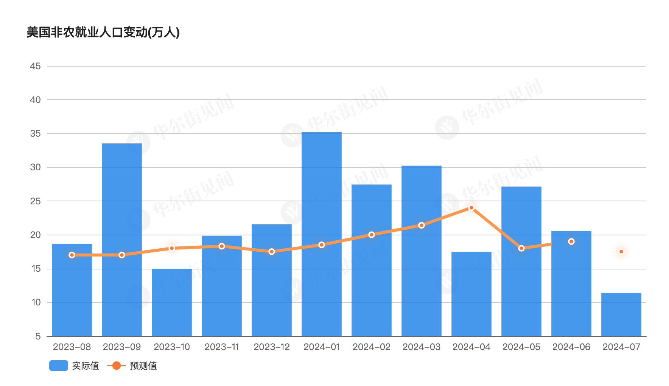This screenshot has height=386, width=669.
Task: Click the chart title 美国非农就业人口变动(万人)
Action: pos(103,33)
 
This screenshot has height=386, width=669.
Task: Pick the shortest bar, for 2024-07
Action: pos(621,314)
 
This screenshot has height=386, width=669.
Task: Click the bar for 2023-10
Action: pos(172,302)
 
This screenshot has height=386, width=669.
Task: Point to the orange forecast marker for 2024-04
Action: pos(471,208)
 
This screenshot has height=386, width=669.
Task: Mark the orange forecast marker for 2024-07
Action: pos(621,252)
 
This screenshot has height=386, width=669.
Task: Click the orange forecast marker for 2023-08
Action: pos(72,255)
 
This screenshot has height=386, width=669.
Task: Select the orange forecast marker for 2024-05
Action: pos(521,248)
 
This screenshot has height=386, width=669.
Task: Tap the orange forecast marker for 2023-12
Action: pos(272,252)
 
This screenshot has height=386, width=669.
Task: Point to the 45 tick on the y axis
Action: pos(35,66)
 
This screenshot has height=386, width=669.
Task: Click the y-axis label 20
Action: pos(35,235)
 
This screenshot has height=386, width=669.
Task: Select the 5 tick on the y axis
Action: pos(38,336)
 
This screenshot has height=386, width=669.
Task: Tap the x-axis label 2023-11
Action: pos(222,347)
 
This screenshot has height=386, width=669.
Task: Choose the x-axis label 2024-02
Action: pos(372,347)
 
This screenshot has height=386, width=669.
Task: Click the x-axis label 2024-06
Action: pos(571,347)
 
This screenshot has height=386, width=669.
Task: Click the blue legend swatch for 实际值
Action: pos(59,366)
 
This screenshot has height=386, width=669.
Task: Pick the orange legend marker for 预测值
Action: pos(117,366)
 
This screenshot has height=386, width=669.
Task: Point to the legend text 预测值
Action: pos(143,366)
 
